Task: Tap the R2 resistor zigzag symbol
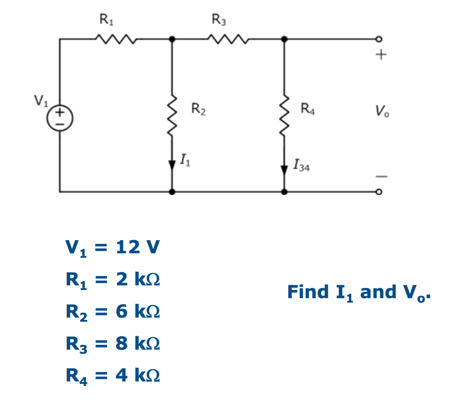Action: coord(172,116)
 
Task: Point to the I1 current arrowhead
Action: coord(172,163)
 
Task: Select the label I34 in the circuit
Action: coord(301,166)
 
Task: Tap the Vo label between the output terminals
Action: coord(382,111)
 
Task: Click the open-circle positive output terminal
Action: coord(380,40)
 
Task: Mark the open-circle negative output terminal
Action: coord(380,191)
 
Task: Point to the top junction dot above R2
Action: coord(172,40)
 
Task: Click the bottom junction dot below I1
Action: coord(172,191)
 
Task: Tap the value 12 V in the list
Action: coord(137,248)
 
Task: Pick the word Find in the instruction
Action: coord(305,292)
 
